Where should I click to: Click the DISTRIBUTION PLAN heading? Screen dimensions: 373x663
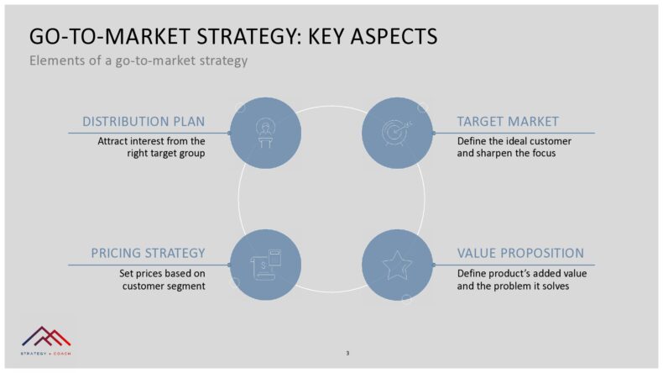pos(144,122)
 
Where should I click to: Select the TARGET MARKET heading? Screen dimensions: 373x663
pos(508,122)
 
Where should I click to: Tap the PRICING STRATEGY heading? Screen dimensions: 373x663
pos(148,253)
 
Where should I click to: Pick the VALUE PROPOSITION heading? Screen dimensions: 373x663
pos(520,253)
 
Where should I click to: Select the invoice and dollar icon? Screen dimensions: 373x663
pos(265,265)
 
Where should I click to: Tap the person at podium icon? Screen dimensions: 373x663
pos(265,133)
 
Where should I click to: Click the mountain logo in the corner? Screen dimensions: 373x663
pos(46,337)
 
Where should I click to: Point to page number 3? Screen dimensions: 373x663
pos(347,353)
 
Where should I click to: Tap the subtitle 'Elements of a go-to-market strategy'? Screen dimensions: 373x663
pos(138,61)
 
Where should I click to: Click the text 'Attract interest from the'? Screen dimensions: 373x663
pos(151,141)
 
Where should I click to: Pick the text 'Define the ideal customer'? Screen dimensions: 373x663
pos(514,141)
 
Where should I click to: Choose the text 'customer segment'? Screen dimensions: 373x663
pos(164,286)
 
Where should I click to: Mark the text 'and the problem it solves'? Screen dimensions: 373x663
pos(513,286)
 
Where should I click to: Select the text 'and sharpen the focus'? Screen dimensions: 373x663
pos(506,154)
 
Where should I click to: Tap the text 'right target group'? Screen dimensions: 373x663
pos(166,154)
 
